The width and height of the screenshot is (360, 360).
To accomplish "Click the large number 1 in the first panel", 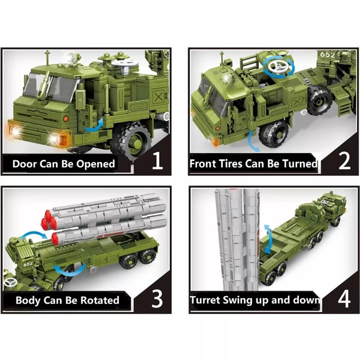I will pos(157,163).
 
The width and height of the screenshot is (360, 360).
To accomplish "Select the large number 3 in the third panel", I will pos(156,298).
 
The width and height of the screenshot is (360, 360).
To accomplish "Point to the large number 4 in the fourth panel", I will pos(343,298).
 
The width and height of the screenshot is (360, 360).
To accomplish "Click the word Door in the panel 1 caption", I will pos(26,164).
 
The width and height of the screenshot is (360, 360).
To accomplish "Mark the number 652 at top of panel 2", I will pos(328,53).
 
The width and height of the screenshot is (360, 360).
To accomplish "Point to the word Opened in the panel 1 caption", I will pos(96,165).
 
